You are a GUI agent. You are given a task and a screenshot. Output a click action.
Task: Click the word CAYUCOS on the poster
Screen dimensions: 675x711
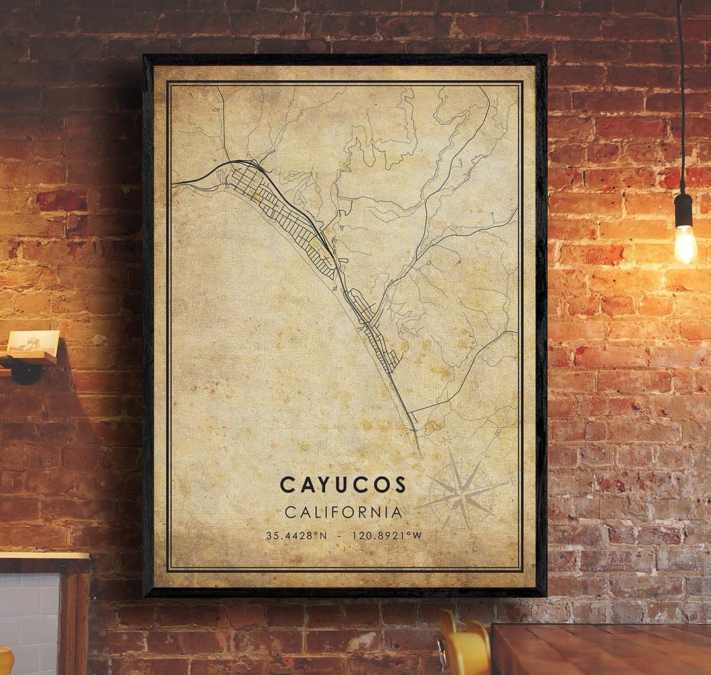point(343,485)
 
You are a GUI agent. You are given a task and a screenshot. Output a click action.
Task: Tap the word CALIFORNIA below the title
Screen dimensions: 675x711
point(343,512)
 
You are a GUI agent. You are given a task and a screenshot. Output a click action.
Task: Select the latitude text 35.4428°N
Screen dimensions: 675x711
point(296,535)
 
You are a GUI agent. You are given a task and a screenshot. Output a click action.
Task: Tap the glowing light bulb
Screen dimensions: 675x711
point(685,244)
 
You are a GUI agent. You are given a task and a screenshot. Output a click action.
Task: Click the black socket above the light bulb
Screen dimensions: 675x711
point(684,209)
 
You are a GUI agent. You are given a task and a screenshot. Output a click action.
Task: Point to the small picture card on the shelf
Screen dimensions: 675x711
point(33,340)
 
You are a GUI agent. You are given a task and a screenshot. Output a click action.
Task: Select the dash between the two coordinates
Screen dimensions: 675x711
point(339,535)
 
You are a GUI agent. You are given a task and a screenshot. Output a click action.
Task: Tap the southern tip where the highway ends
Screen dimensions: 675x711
point(418,450)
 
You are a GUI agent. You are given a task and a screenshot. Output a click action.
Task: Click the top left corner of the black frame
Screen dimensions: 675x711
point(146,57)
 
